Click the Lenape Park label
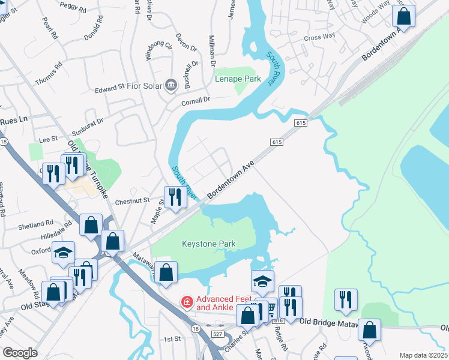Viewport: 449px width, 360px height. pos(238,79)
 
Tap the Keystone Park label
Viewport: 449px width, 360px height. pos(209,244)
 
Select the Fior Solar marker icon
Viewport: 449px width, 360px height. pos(171,85)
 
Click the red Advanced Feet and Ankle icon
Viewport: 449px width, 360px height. pos(187,301)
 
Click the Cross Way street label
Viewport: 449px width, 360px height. pos(319,37)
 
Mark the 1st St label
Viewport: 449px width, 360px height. pos(173,339)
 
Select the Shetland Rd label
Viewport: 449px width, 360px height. pos(37,226)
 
